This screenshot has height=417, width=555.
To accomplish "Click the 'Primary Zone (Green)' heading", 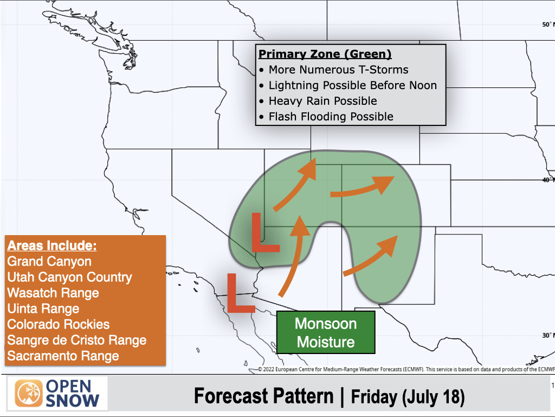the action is point(325,54).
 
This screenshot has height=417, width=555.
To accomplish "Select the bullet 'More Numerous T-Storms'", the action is point(338,69).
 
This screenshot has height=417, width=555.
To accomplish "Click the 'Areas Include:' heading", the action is point(51,245).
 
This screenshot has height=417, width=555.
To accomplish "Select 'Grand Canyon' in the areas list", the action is point(49,261).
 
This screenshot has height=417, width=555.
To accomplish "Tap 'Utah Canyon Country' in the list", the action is point(69,277).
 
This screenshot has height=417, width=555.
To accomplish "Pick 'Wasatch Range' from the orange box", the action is point(53,293).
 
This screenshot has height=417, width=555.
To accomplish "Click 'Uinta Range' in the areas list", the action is point(43,308).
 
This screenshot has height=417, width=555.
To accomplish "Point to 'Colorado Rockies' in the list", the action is point(59,324).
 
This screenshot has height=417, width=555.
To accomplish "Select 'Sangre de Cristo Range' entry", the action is point(77,340).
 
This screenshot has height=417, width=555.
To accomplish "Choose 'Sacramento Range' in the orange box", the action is point(63,356).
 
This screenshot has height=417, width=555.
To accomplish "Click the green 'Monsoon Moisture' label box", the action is point(326,333).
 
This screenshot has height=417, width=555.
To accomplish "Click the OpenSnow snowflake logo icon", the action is point(28,394).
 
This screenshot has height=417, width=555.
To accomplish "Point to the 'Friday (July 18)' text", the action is point(408,397).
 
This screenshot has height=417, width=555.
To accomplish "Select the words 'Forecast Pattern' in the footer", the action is point(264,396).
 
